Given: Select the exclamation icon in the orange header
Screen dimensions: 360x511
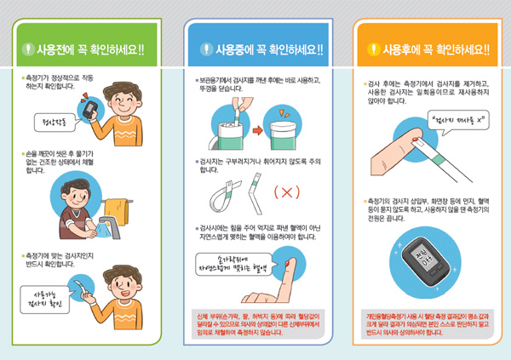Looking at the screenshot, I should tap(371, 49).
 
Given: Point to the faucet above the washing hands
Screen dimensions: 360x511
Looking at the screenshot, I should tap(105, 223).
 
